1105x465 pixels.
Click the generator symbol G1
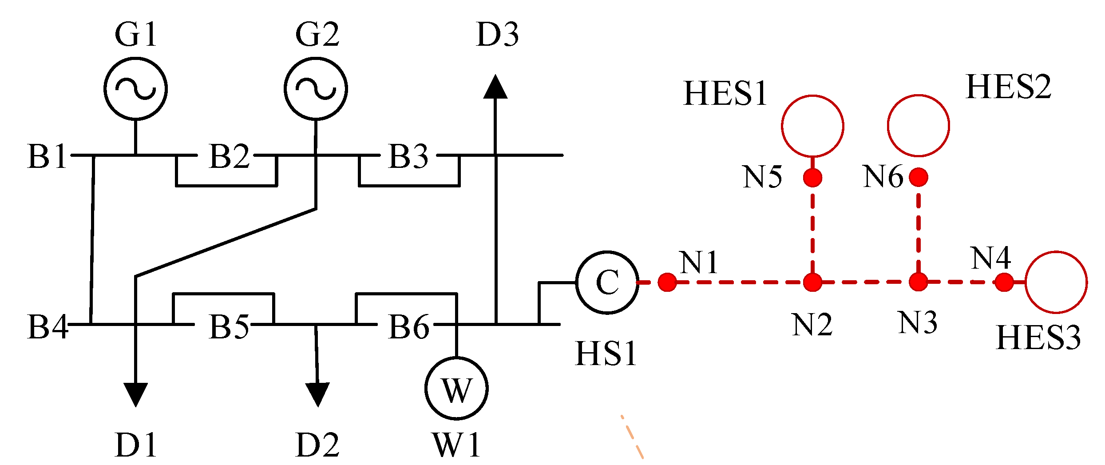coord(136,88)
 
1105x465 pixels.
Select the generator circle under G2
coord(316,88)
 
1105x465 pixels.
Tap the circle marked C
coord(607,282)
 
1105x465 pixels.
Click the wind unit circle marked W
coord(456,388)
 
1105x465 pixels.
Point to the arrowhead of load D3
coord(495,87)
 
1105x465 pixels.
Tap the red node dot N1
coord(667,282)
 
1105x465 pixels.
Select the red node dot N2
coord(812,282)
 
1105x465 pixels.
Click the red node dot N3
coord(918,282)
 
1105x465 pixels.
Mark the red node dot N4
coord(1004,282)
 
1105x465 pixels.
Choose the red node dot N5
coord(812,178)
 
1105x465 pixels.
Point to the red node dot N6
coord(919,177)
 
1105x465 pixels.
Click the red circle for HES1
coord(812,126)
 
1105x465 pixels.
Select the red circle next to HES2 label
coord(919,126)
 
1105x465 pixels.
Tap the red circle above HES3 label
coord(1056,282)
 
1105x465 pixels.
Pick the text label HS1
coord(606,354)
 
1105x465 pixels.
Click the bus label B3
coord(408,156)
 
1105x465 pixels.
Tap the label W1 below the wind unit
coord(456,445)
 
